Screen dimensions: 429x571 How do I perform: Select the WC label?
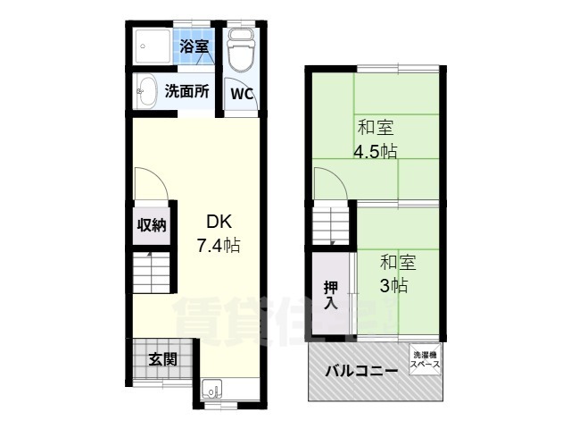click(241, 93)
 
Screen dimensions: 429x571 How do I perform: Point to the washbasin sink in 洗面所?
click(145, 90)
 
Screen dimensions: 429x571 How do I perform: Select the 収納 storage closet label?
click(151, 225)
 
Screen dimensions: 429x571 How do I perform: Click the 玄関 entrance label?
click(161, 359)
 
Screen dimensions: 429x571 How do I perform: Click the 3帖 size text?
click(394, 285)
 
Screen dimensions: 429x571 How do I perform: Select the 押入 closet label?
click(330, 294)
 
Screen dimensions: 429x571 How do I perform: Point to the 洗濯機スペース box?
click(425, 361)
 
